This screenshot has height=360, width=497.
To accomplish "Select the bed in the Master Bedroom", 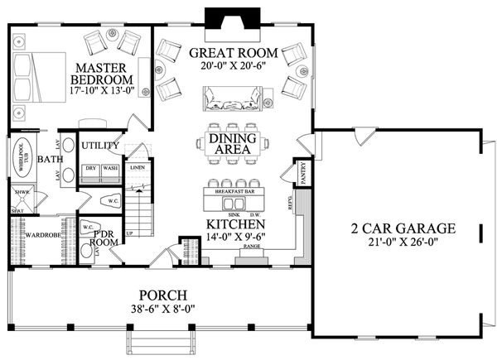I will click(38, 77).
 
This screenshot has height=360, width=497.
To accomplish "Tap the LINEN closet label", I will click(138, 167).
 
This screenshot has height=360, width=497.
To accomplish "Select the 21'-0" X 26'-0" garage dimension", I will click(391, 243).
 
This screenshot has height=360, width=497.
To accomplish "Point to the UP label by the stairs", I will click(128, 233).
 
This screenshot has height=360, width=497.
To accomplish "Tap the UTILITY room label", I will click(102, 146).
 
